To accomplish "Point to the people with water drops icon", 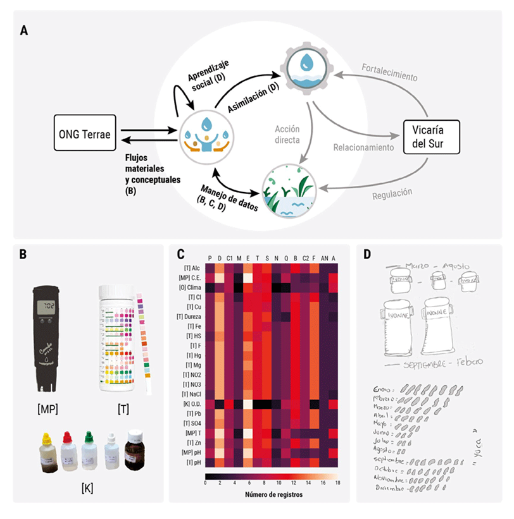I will click(x=205, y=134).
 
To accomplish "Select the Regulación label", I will click(x=391, y=193).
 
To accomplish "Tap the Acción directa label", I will click(x=287, y=134).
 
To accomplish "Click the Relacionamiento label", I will click(x=363, y=147).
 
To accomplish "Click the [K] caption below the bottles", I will click(x=87, y=487).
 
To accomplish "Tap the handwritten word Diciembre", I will click(x=390, y=488).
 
